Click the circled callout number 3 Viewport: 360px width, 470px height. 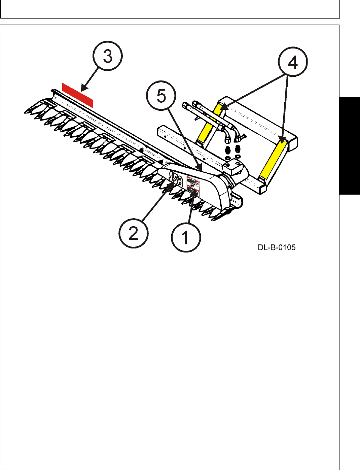point(108,56)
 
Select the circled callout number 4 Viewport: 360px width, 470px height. point(293,62)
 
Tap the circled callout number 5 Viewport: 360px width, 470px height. point(161,97)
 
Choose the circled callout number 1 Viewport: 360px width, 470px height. point(186,237)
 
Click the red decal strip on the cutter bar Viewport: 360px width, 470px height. point(78,95)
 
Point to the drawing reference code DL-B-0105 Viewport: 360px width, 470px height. point(277,248)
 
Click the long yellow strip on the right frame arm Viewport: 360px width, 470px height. point(274,160)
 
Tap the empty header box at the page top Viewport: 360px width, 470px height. point(170,9)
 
